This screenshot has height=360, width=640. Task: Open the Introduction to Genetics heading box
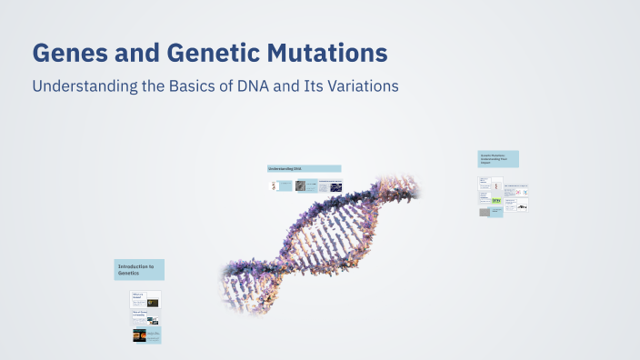[139, 269]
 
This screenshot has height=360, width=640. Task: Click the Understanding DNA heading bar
[304, 168]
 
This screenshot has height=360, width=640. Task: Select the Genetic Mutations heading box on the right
[498, 159]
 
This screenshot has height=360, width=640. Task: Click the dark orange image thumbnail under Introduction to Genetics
[145, 335]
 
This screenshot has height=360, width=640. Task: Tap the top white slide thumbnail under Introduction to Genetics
[145, 298]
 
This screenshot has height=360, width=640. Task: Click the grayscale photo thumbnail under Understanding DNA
[300, 185]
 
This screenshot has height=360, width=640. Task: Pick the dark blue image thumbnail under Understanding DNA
[335, 186]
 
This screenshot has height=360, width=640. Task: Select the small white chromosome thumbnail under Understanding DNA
[274, 185]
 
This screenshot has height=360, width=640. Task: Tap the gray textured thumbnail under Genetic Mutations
[484, 211]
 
